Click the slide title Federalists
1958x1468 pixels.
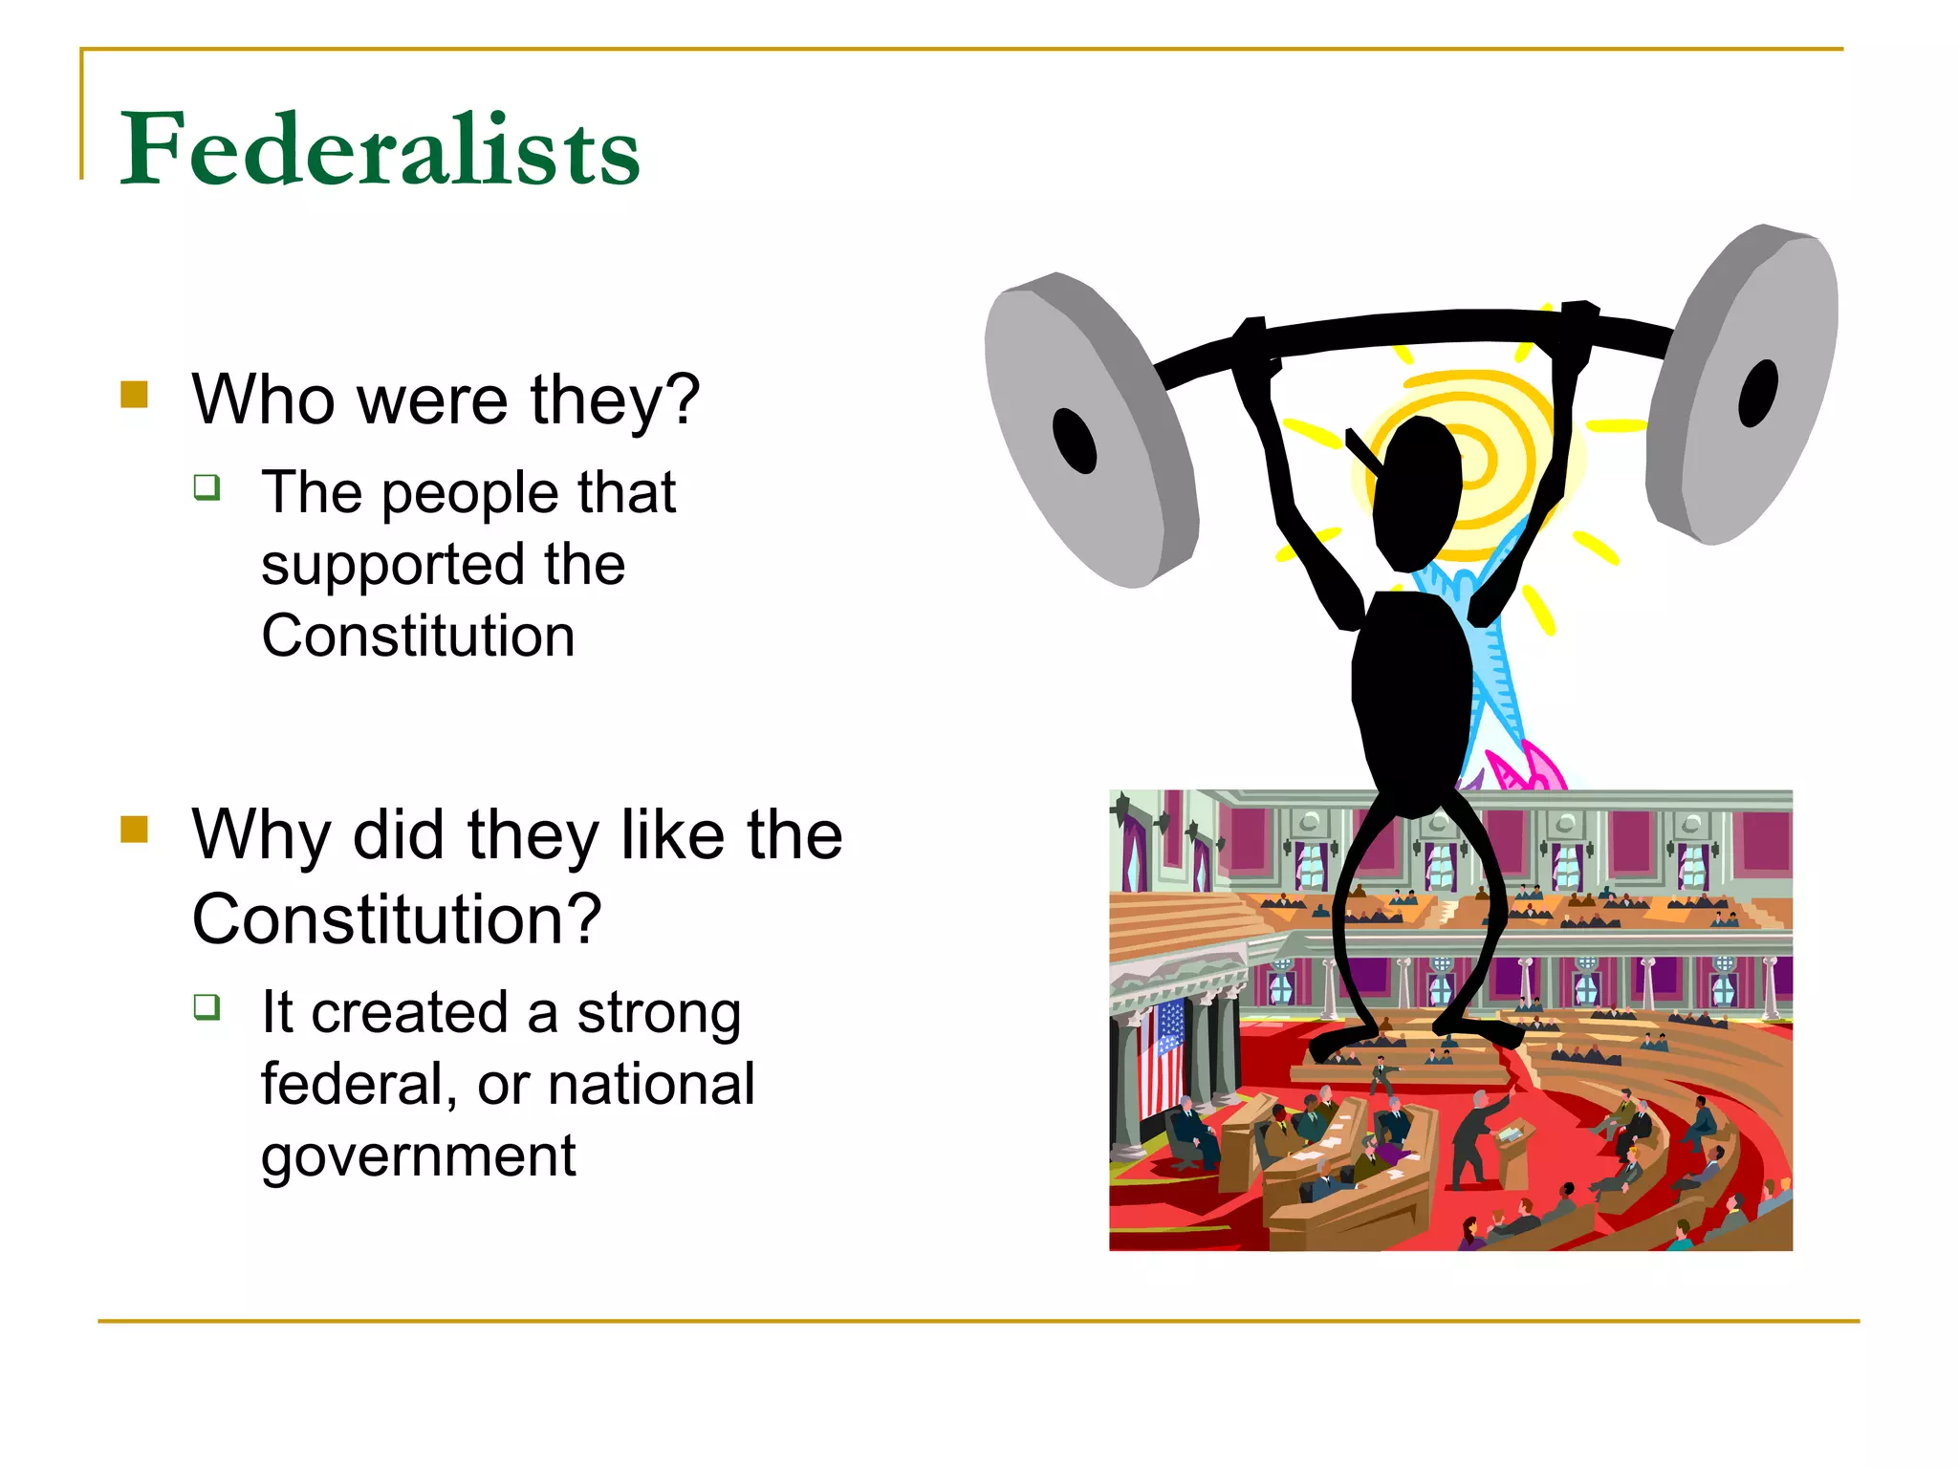[x=380, y=150]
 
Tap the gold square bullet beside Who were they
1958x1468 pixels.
[x=135, y=395]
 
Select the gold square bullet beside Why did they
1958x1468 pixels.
[x=135, y=829]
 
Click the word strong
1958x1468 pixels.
[x=660, y=1013]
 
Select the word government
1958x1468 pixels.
[x=418, y=1157]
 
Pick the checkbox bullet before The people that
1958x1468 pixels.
[x=207, y=487]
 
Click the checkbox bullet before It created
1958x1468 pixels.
[x=207, y=1006]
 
